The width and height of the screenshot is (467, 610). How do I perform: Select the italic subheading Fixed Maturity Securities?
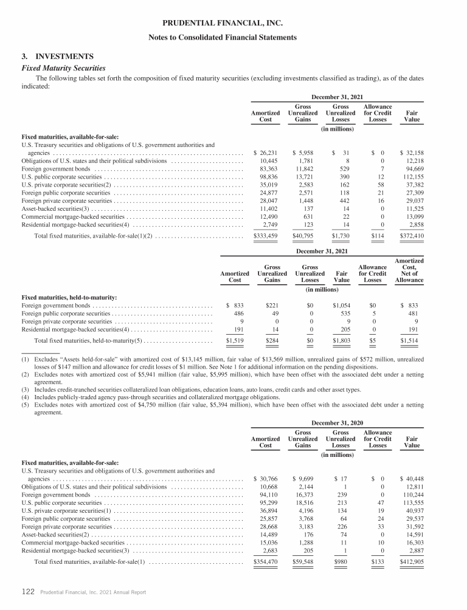pos(64,67)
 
